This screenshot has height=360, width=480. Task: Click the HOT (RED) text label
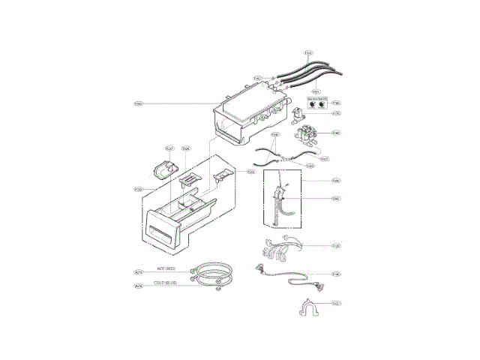click(x=166, y=268)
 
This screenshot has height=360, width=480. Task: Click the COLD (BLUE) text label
click(x=165, y=283)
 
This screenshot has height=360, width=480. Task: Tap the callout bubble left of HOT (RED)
click(x=138, y=272)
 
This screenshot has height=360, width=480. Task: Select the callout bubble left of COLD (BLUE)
click(x=138, y=286)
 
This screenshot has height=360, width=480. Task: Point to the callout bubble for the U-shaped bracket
click(x=336, y=304)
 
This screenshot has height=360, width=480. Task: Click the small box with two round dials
click(x=318, y=104)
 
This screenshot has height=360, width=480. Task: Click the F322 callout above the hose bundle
click(x=309, y=53)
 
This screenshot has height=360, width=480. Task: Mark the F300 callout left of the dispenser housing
click(x=138, y=103)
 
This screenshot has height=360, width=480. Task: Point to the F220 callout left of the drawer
click(x=138, y=190)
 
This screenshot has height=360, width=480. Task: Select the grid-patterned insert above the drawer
click(x=190, y=178)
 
